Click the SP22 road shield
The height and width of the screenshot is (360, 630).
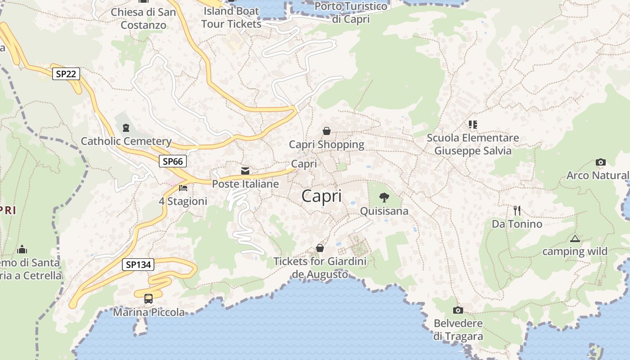[x=66, y=74]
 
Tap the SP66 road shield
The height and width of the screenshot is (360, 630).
[x=172, y=161]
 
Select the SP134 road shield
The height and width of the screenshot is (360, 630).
[x=138, y=265]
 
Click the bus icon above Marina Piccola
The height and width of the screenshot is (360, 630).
[x=148, y=298]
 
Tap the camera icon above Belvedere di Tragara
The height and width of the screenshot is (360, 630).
[x=458, y=310]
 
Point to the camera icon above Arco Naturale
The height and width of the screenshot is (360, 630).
[x=600, y=162]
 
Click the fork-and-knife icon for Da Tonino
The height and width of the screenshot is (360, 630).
[x=517, y=210]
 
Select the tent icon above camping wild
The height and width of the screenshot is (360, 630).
[x=575, y=238]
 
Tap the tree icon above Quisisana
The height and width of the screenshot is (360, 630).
[x=384, y=197]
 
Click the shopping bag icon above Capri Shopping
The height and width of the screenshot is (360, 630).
[x=327, y=131]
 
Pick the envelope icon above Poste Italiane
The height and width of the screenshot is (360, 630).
[x=245, y=171]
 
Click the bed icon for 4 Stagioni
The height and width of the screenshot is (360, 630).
[x=183, y=188]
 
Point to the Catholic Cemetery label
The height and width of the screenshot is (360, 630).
[x=126, y=141]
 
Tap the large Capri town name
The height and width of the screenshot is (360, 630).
[x=321, y=196]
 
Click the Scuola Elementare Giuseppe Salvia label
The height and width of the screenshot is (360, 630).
[x=472, y=144]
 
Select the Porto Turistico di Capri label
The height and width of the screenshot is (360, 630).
[x=351, y=13]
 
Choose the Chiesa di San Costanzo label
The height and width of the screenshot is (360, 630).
[x=144, y=18]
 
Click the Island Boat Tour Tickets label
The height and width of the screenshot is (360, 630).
[x=231, y=17]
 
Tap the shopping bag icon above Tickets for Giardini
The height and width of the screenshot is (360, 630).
[x=320, y=248]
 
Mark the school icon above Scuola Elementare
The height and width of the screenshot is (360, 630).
[x=472, y=124]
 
